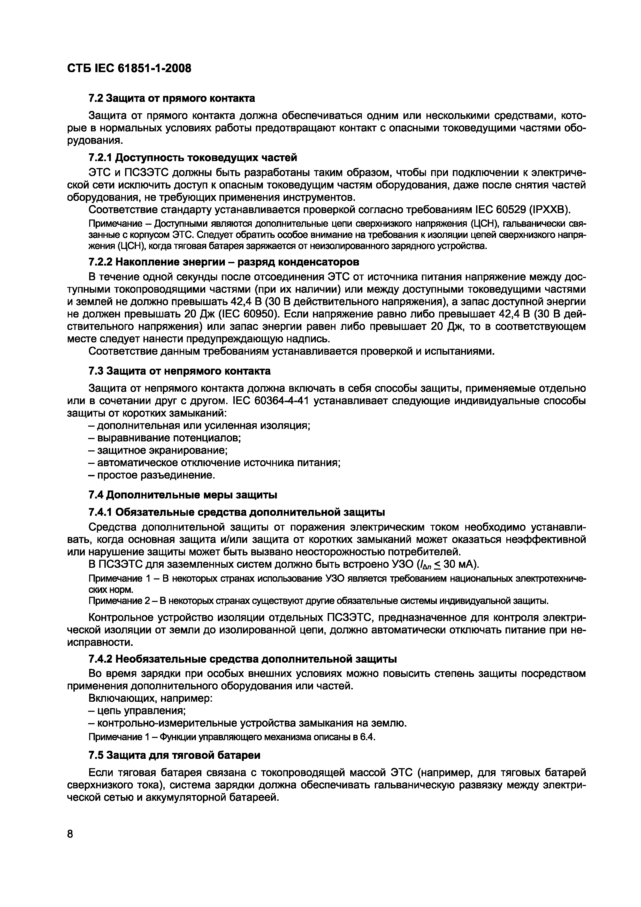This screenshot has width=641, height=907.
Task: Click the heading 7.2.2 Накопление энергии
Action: [x=224, y=262]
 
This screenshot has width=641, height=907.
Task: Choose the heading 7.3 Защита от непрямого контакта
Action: [x=179, y=371]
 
